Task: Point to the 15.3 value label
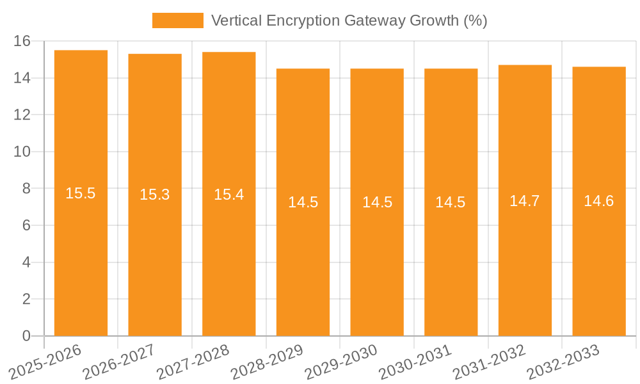pyautogui.click(x=155, y=195)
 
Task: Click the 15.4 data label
pyautogui.click(x=228, y=195)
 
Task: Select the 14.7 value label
pyautogui.click(x=525, y=201)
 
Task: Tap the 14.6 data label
pyautogui.click(x=599, y=201)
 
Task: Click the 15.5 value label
pyautogui.click(x=81, y=193)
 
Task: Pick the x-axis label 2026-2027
pyautogui.click(x=118, y=362)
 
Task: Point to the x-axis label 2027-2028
pyautogui.click(x=192, y=362)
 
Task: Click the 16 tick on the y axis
pyautogui.click(x=22, y=42)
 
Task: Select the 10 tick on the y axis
pyautogui.click(x=22, y=152)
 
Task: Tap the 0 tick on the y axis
pyautogui.click(x=26, y=336)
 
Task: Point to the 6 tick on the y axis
pyautogui.click(x=26, y=225)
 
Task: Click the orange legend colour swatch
pyautogui.click(x=177, y=20)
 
